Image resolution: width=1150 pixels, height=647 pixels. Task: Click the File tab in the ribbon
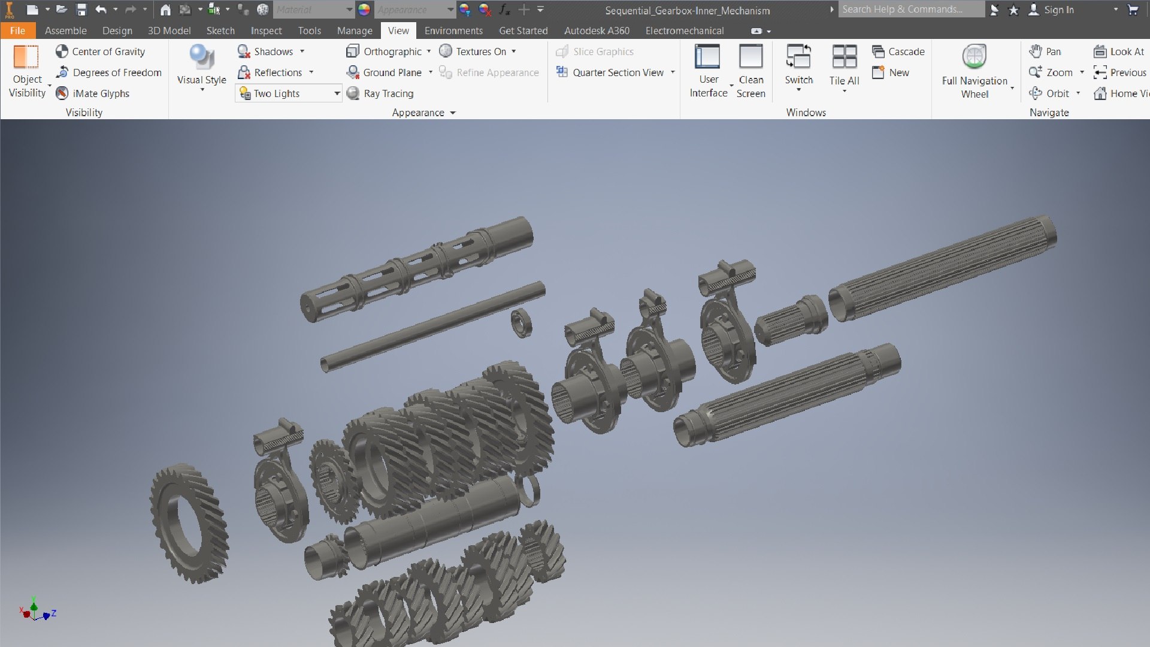click(x=17, y=31)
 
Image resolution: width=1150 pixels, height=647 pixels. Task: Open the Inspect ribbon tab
click(x=266, y=31)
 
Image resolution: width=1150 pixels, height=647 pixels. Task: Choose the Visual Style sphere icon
click(x=201, y=58)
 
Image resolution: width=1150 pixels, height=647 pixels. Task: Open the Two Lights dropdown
click(x=337, y=93)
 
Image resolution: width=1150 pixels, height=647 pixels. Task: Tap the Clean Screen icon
click(x=750, y=58)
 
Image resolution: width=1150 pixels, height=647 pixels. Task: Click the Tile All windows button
click(x=844, y=58)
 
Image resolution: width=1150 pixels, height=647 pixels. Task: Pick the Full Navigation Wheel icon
click(x=975, y=58)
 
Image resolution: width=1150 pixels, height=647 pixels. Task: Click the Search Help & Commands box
click(x=910, y=10)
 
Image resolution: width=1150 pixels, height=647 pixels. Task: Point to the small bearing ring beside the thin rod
click(x=521, y=323)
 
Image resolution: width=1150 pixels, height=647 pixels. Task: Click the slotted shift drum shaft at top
click(x=416, y=270)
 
